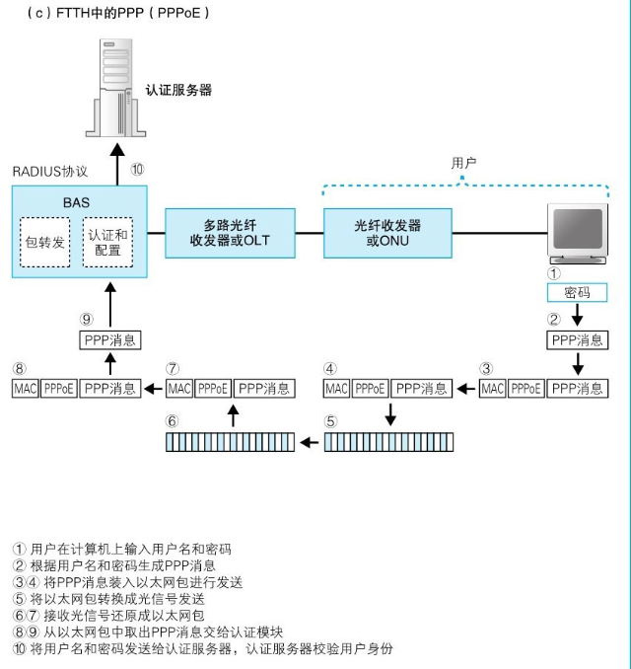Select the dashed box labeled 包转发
point(45,241)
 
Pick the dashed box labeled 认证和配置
point(107,242)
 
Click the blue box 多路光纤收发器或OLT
point(230,233)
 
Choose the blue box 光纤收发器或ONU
point(387,233)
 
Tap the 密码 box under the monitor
point(577,293)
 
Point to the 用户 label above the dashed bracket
point(463,163)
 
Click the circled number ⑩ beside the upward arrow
point(137,169)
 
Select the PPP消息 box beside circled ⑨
point(110,340)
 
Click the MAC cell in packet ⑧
point(25,389)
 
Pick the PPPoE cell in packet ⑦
point(213,389)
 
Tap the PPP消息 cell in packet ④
point(421,389)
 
